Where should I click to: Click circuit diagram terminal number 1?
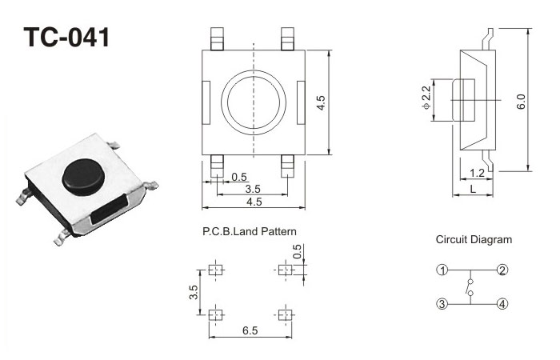(442, 270)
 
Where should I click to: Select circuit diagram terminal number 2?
(502, 270)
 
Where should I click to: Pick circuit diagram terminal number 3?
(442, 303)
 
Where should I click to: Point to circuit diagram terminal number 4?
(502, 303)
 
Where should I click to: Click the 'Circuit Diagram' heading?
(474, 239)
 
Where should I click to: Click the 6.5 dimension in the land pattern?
(249, 329)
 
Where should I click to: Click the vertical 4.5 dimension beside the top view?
(321, 102)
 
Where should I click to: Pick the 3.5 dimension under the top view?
(252, 189)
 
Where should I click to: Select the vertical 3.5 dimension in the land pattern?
(194, 292)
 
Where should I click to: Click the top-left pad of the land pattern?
(214, 270)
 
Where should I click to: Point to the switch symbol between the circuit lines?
(471, 286)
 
